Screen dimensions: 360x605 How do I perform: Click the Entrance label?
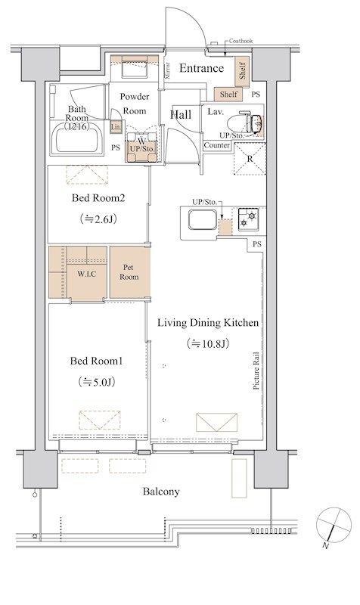(x=201, y=68)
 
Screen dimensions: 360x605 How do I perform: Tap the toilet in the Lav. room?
(x=244, y=123)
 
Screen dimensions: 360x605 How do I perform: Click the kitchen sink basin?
(x=203, y=219)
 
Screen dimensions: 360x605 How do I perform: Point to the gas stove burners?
(x=248, y=219)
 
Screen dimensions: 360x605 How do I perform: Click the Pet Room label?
(x=129, y=272)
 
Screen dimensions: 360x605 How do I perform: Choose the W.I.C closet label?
(x=87, y=274)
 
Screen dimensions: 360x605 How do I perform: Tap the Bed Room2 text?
(x=98, y=198)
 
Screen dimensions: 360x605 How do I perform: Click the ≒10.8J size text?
(x=207, y=343)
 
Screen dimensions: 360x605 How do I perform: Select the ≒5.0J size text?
(x=98, y=382)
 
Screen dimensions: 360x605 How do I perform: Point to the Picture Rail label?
(x=256, y=371)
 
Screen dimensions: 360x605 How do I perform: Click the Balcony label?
(x=161, y=492)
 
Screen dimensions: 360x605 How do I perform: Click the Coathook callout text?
(x=241, y=41)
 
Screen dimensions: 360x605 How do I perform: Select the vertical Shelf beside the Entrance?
(x=242, y=71)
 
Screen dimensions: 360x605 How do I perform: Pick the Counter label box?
(x=217, y=145)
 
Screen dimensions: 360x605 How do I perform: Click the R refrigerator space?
(x=250, y=159)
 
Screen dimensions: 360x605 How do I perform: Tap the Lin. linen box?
(x=116, y=126)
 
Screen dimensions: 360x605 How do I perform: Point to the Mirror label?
(x=167, y=70)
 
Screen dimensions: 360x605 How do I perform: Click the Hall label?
(x=181, y=115)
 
